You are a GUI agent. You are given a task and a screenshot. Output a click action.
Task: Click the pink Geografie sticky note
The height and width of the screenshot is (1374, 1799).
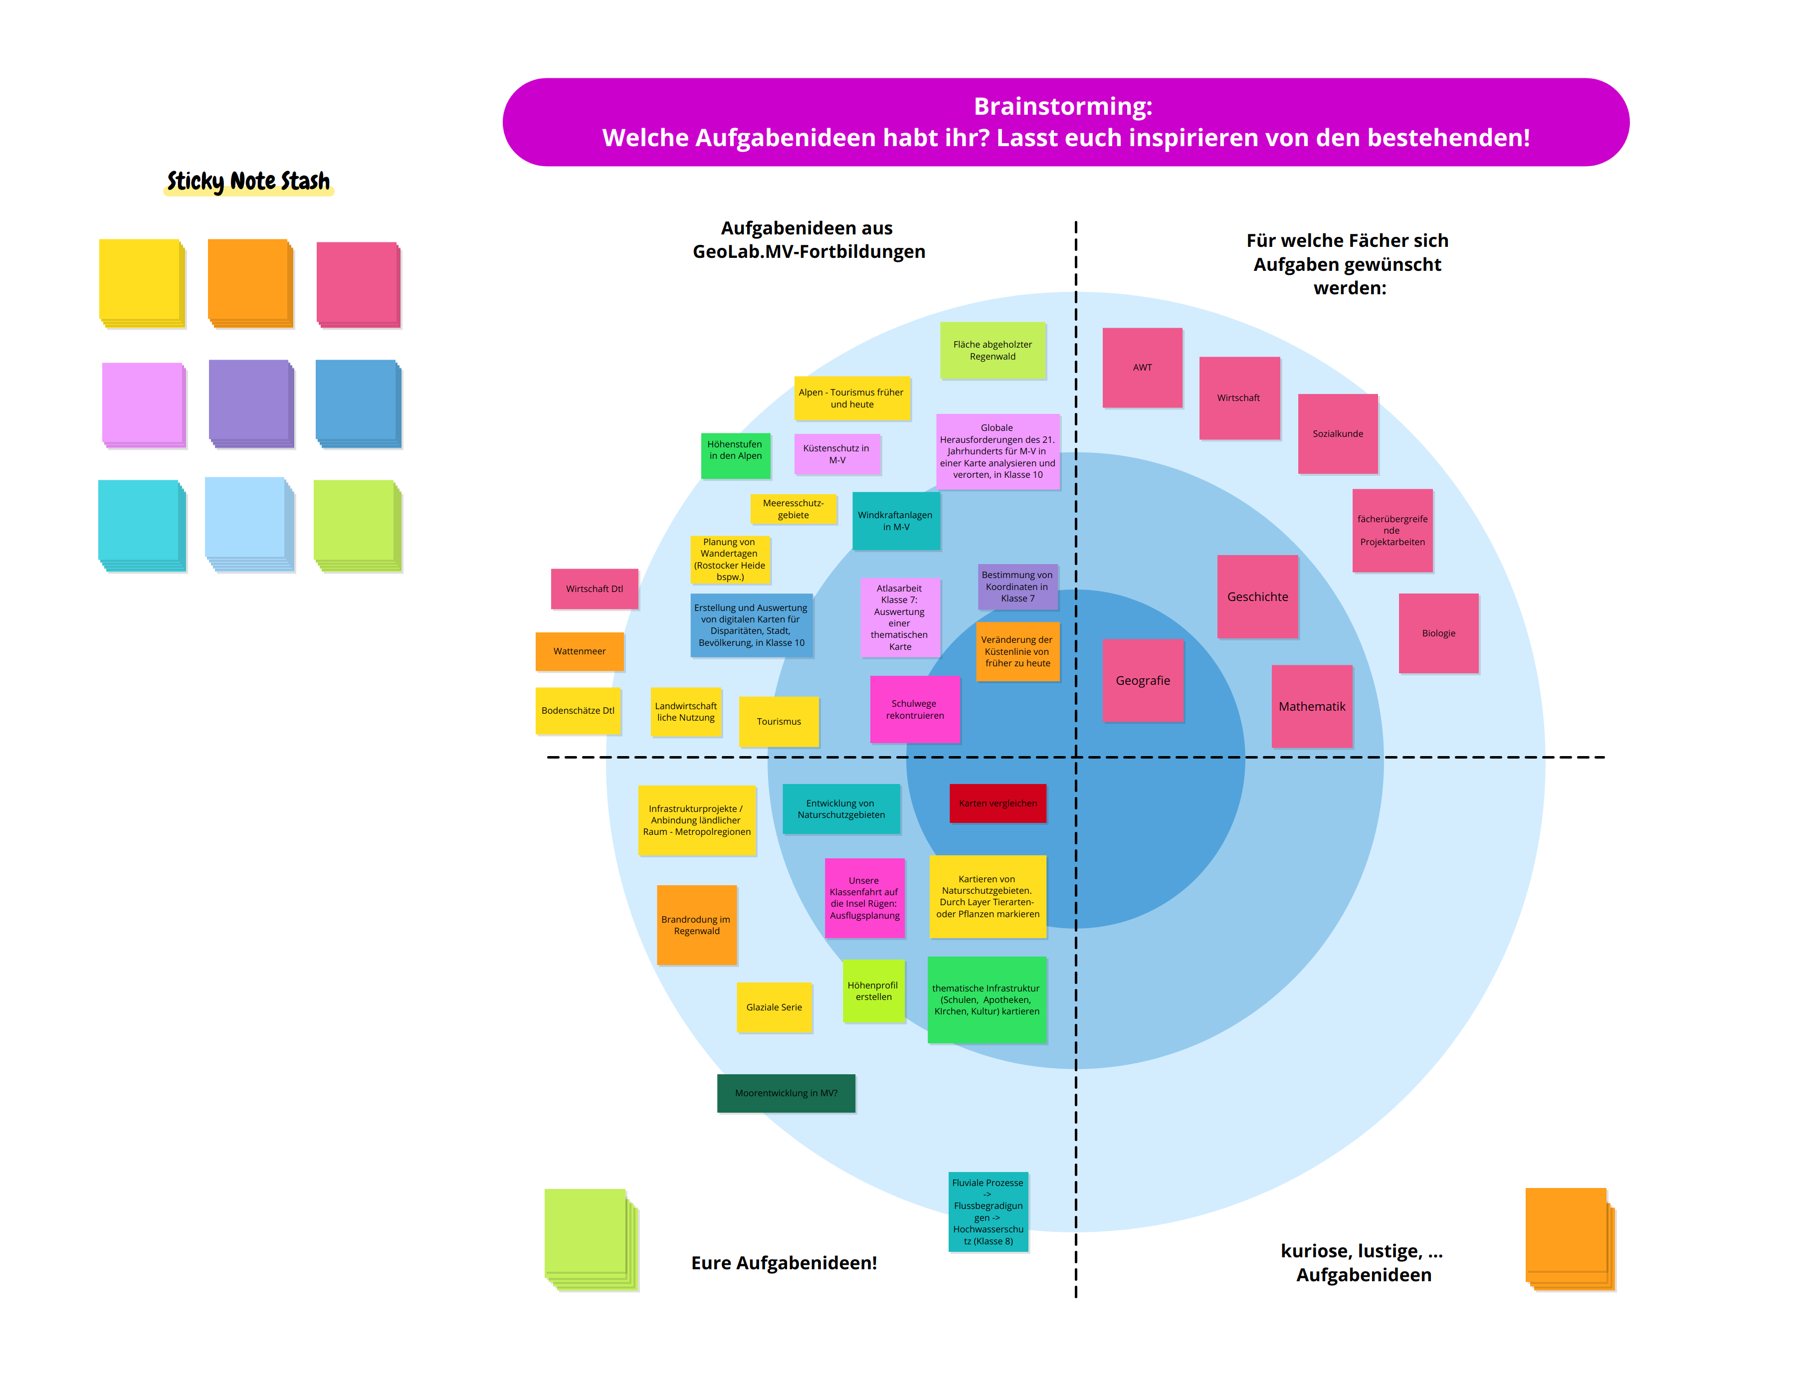point(1142,680)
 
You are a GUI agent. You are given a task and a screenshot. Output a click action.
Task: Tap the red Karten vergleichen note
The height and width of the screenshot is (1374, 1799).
point(998,803)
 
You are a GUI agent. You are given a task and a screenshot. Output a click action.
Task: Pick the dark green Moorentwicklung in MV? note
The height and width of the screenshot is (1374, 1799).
point(786,1093)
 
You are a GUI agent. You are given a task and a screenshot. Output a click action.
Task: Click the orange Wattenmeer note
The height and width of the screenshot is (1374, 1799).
point(579,651)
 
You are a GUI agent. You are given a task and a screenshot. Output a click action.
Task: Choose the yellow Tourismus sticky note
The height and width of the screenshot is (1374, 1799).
point(779,721)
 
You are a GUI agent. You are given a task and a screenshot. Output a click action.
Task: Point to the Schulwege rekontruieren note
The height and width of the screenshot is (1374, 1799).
point(914,709)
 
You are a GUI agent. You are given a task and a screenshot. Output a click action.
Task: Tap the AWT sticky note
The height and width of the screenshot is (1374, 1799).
point(1142,367)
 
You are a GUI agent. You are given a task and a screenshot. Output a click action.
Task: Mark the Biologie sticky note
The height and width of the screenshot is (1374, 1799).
point(1438,633)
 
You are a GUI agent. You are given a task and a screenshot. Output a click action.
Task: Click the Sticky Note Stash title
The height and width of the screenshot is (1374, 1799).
point(248,181)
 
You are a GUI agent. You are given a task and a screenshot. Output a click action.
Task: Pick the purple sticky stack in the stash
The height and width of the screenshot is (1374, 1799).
point(250,402)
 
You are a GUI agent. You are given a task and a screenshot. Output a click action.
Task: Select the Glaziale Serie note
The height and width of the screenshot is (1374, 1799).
point(774,1007)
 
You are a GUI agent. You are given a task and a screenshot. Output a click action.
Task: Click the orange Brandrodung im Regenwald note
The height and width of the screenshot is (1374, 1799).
point(697,925)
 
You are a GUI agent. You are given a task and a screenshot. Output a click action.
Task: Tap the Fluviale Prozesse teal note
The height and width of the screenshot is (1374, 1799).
point(988,1211)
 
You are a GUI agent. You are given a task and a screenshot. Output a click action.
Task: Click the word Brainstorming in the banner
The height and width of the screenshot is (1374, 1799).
point(1063,106)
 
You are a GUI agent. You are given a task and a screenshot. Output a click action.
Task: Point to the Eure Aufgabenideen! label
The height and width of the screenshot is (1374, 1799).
point(784,1263)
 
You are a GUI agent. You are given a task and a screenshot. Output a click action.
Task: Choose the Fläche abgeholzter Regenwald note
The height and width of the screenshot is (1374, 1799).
point(993,350)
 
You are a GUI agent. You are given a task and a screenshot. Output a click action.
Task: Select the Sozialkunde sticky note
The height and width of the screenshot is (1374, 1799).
point(1338,433)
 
